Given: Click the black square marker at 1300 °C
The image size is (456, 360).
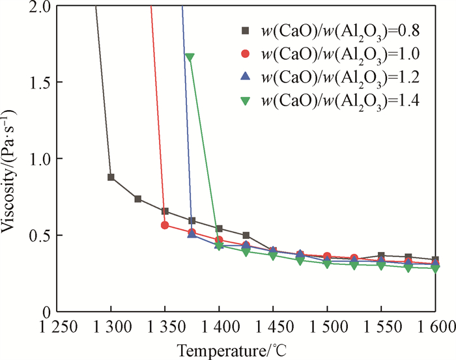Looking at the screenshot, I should tap(111, 177).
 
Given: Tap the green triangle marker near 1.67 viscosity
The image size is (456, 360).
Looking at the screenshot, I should tap(190, 57).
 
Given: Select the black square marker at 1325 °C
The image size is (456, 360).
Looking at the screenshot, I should tap(138, 199).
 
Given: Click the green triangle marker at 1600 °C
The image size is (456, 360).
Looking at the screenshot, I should tap(435, 268).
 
